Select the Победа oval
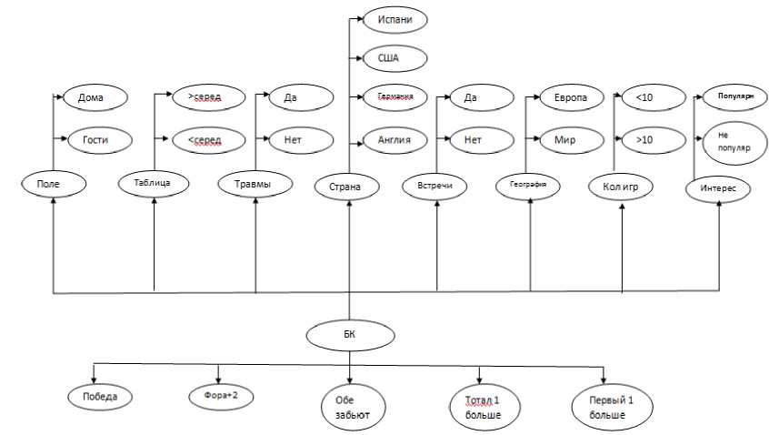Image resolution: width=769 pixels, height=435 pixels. (100, 396)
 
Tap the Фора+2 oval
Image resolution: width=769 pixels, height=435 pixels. (221, 396)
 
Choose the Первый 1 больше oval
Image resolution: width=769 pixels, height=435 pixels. (606, 405)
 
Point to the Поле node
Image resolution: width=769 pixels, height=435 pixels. (55, 183)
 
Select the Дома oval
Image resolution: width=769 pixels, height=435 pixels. (95, 96)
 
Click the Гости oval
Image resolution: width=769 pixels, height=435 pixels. (95, 139)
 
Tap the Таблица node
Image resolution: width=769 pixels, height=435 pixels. (155, 183)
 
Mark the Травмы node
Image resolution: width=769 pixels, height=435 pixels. (255, 183)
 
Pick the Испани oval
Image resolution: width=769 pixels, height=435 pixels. (394, 19)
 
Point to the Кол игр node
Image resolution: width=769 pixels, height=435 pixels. (622, 187)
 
